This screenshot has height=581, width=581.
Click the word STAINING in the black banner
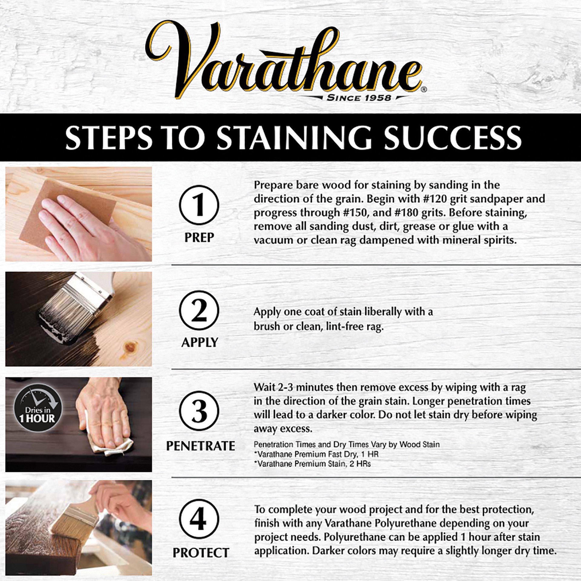294,138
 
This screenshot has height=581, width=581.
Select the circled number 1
199,205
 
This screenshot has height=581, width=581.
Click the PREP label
199,238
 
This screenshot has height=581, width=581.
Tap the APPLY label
199,342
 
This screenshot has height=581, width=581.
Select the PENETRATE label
200,446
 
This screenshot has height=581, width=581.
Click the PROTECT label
201,553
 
